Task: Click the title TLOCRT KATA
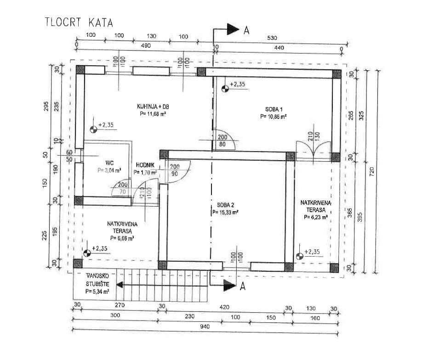click(x=78, y=22)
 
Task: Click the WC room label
click(x=109, y=162)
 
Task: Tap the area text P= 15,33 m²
click(x=225, y=213)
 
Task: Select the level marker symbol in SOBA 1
click(x=225, y=89)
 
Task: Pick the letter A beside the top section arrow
click(x=246, y=31)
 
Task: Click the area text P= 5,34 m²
click(x=97, y=291)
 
